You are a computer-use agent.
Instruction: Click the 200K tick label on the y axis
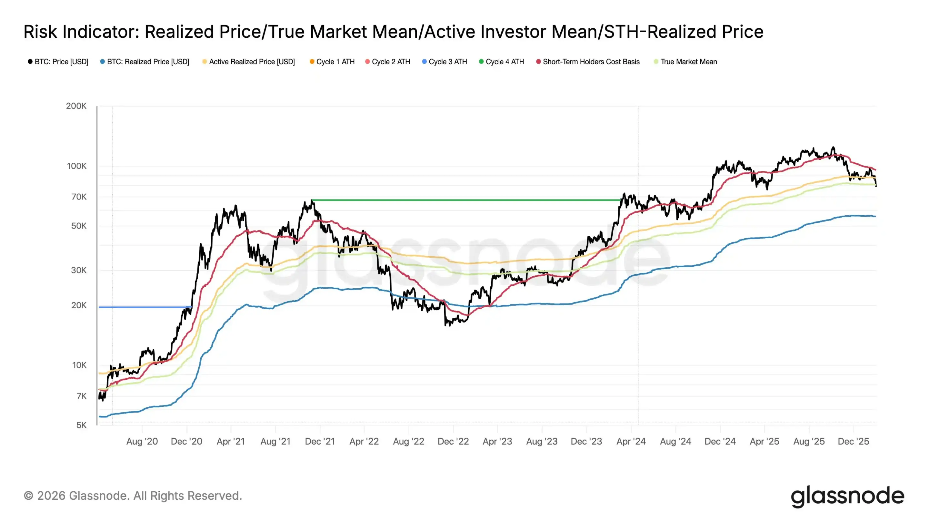(x=76, y=106)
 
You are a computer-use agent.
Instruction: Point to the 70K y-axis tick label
(x=79, y=197)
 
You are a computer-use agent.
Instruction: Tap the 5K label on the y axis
(x=81, y=425)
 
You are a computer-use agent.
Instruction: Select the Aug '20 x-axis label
(x=142, y=441)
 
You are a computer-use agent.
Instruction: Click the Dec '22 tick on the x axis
(x=453, y=441)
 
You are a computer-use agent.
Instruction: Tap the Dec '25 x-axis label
(x=853, y=441)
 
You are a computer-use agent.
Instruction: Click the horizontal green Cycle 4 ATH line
(x=465, y=200)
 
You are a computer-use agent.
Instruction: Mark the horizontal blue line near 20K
(x=144, y=307)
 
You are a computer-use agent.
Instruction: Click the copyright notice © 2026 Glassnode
(x=133, y=496)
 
